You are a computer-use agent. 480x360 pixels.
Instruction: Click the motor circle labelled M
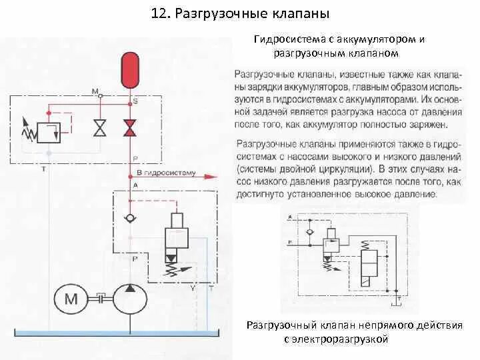pyautogui.click(x=71, y=299)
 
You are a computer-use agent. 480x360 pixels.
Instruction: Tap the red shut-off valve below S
pyautogui.click(x=129, y=127)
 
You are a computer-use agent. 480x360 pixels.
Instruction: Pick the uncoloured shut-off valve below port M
pyautogui.click(x=100, y=127)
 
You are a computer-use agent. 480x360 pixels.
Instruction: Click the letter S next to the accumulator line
pyautogui.click(x=135, y=101)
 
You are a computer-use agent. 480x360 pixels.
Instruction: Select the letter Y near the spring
pyautogui.click(x=193, y=288)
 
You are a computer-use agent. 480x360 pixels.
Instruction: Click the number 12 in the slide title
pyautogui.click(x=159, y=14)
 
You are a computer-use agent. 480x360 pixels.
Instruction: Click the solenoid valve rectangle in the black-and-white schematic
pyautogui.click(x=367, y=265)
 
